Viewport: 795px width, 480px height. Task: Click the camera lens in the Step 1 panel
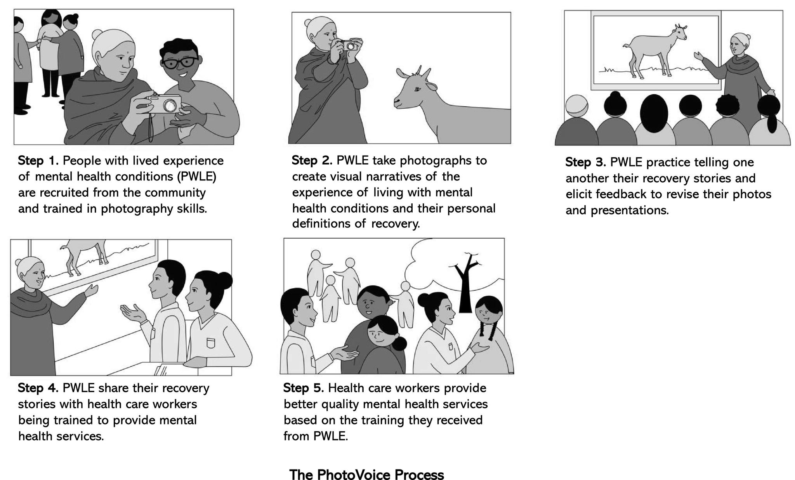pos(170,105)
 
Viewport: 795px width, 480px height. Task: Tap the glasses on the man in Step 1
pos(180,62)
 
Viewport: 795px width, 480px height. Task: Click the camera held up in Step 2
pos(349,45)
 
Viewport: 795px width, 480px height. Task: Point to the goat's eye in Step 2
pos(418,90)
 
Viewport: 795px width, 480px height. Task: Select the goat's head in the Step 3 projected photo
pos(680,33)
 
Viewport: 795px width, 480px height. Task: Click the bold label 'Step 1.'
pos(38,160)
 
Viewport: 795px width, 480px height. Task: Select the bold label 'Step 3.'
pos(585,162)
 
